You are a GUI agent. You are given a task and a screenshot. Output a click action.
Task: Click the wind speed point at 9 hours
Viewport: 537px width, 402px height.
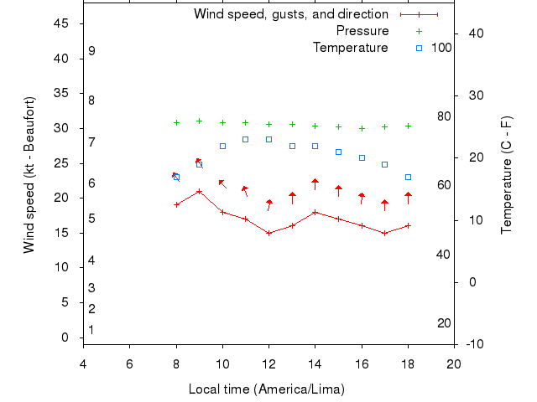click(x=199, y=191)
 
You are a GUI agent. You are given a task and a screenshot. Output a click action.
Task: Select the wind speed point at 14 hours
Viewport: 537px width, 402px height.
click(x=315, y=212)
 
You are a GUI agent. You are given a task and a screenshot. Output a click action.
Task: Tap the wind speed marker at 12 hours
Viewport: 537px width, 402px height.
click(x=268, y=233)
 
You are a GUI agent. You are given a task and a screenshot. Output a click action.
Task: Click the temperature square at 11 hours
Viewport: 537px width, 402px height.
click(x=245, y=139)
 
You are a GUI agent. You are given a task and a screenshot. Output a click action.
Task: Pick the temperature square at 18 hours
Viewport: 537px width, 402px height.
click(x=408, y=177)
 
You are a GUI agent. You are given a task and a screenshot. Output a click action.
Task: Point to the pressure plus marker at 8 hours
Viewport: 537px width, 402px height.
click(x=176, y=122)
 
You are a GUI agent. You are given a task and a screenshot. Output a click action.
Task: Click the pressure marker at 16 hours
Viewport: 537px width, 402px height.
click(x=362, y=128)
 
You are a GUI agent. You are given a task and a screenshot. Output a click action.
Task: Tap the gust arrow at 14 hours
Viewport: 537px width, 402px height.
click(x=315, y=184)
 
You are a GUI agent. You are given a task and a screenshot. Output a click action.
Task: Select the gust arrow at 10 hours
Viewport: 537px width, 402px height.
click(x=222, y=183)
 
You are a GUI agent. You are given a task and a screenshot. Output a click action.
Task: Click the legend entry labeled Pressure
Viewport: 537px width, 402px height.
click(x=362, y=31)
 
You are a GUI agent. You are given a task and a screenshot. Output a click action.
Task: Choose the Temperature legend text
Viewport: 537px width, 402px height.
click(x=351, y=48)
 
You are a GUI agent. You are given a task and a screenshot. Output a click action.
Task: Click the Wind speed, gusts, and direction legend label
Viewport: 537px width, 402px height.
click(x=291, y=14)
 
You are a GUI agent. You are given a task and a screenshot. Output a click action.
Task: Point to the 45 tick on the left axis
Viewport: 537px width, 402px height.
click(x=61, y=23)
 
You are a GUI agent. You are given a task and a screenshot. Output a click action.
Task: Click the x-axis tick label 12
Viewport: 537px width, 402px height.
click(x=268, y=363)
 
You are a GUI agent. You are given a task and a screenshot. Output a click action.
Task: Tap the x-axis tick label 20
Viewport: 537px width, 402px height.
click(x=454, y=363)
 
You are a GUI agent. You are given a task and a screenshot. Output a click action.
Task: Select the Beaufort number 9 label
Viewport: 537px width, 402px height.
click(x=91, y=51)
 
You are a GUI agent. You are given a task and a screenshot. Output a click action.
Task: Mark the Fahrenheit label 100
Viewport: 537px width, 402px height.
click(x=441, y=48)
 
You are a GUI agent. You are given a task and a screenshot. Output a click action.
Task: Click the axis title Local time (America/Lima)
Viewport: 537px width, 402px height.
click(x=267, y=389)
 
